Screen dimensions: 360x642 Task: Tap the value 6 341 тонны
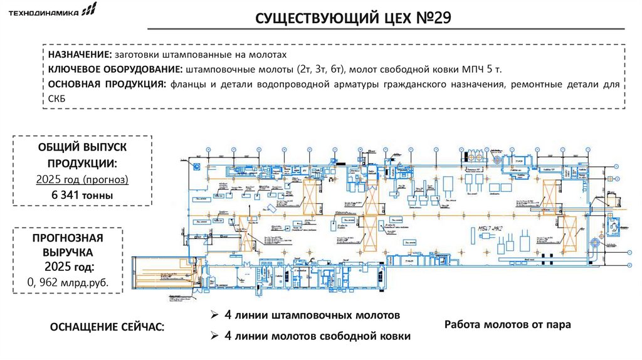tap(82, 195)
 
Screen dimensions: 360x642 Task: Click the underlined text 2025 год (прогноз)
tap(82, 179)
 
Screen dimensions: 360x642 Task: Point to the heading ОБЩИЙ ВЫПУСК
tap(82, 147)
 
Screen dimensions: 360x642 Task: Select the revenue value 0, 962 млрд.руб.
tap(68, 283)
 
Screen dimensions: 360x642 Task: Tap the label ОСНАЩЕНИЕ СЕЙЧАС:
tap(108, 327)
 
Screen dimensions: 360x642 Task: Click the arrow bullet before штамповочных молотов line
tap(214, 314)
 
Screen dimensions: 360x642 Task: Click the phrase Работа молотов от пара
tap(507, 325)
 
